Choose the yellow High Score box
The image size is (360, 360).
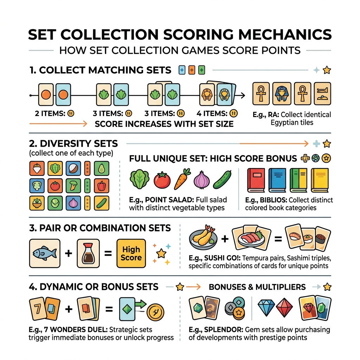131,253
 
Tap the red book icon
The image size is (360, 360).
256,180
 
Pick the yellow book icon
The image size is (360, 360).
319,180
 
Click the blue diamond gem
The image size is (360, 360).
266,308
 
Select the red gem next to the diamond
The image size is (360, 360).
284,308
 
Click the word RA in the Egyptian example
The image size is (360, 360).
273,115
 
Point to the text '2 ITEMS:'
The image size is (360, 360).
47,113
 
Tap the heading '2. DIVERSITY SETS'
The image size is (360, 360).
73,143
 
